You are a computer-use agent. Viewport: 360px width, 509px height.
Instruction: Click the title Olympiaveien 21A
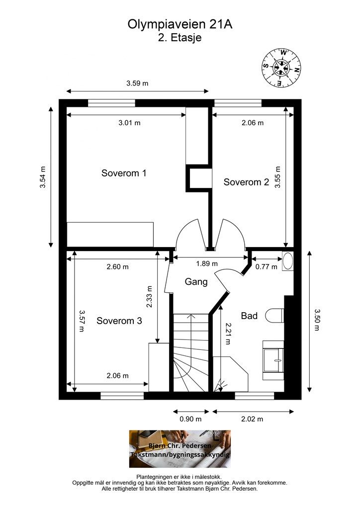coord(180,24)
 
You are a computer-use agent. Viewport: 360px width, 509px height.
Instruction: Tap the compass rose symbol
coord(281,68)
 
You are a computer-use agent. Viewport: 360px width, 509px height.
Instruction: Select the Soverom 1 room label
coord(124,173)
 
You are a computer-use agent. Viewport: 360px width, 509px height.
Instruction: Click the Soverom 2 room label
coord(246,182)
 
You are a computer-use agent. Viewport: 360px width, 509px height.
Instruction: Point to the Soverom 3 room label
coord(119,321)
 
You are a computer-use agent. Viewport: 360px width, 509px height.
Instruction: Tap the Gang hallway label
coord(196,281)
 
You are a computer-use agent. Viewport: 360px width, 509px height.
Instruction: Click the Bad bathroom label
coord(249,316)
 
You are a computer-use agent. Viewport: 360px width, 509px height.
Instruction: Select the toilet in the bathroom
coord(274,315)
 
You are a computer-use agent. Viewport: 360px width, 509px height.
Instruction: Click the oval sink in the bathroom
coord(288,261)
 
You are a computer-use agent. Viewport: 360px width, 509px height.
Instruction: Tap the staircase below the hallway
coord(190,352)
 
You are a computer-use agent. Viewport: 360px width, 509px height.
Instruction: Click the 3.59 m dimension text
coord(137,83)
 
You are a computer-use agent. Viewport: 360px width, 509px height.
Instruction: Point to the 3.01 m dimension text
coord(129,123)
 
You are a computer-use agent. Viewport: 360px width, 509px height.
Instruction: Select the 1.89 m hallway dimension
coord(207,263)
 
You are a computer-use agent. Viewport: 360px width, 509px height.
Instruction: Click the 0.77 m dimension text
coord(267,267)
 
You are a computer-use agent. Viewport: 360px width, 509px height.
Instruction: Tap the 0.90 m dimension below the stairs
coord(190,419)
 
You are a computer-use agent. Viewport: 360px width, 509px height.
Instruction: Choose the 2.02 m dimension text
coord(252,419)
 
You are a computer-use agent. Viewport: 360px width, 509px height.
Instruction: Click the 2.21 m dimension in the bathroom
coord(228,334)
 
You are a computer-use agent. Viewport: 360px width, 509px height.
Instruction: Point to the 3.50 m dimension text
coord(317,320)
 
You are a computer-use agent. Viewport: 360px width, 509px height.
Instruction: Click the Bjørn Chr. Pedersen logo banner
coord(180,449)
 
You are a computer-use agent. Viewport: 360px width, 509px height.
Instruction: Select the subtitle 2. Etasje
coord(180,38)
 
